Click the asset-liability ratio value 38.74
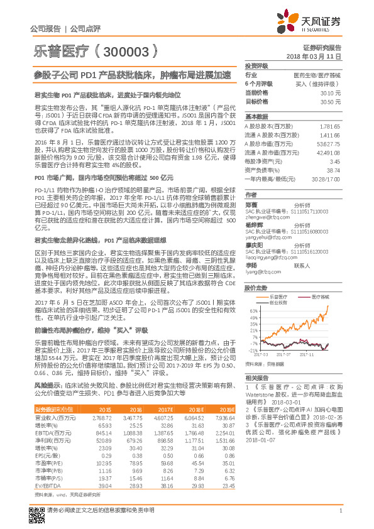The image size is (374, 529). tap(333, 170)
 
